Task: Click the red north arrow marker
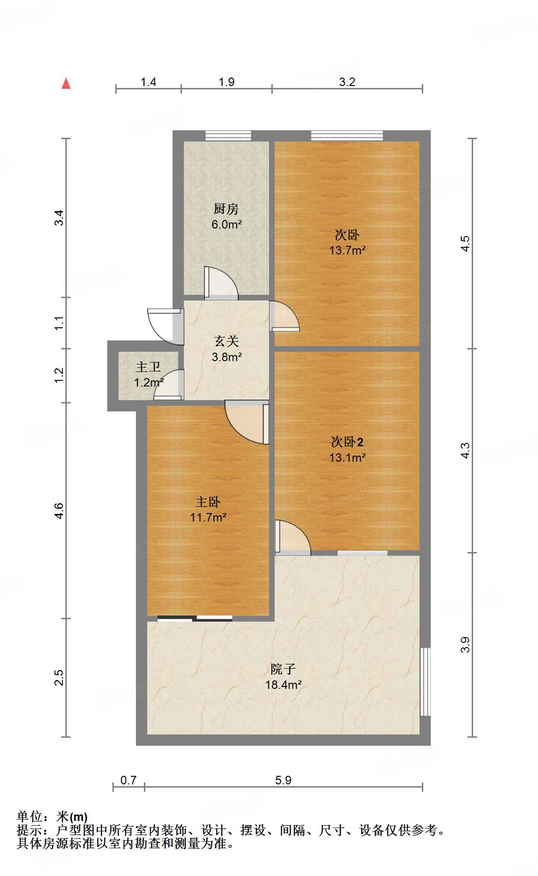coord(66,84)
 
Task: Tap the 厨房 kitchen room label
coord(226,209)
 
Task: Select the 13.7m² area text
coord(347,250)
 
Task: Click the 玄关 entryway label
coord(226,341)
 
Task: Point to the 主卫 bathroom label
coord(148,367)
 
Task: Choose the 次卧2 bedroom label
coord(347,442)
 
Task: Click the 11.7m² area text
coord(208,518)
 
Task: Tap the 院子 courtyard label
coord(283,669)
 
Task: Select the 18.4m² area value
coord(283,685)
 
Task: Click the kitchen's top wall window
coord(228,136)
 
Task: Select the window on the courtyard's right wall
coord(425,681)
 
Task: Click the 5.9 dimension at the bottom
coord(283,780)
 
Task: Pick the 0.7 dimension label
coord(128,780)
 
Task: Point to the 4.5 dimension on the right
coord(465,243)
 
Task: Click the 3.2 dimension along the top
coord(347,82)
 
